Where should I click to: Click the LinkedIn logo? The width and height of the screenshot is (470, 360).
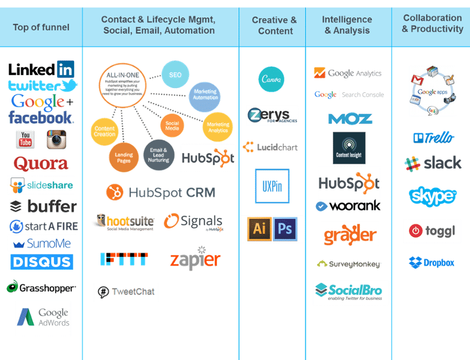tap(41, 69)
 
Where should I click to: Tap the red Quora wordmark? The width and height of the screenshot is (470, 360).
tap(41, 163)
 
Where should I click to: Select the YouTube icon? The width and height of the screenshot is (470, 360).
tap(25, 139)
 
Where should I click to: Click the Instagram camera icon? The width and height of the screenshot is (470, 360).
tap(56, 139)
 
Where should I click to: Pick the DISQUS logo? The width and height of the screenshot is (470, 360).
tap(42, 262)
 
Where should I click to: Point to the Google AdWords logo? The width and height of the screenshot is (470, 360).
tap(43, 318)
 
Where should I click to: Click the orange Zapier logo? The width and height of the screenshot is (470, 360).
tap(195, 259)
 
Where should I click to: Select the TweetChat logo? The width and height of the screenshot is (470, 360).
tap(126, 292)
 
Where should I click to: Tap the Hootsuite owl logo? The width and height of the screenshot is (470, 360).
tap(123, 222)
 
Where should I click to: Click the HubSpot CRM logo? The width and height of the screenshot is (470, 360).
tap(161, 192)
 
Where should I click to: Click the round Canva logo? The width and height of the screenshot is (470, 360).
tap(271, 79)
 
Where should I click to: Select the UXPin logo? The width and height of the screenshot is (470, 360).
tap(272, 186)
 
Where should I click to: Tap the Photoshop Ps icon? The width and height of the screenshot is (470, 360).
tap(286, 229)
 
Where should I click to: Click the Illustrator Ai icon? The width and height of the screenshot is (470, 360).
tap(259, 229)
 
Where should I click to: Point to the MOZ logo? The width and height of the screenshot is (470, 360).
tap(350, 118)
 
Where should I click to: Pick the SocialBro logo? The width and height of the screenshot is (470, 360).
tap(351, 292)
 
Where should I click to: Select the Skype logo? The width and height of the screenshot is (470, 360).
tap(432, 196)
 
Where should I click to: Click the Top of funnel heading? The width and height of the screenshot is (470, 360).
tap(41, 27)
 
